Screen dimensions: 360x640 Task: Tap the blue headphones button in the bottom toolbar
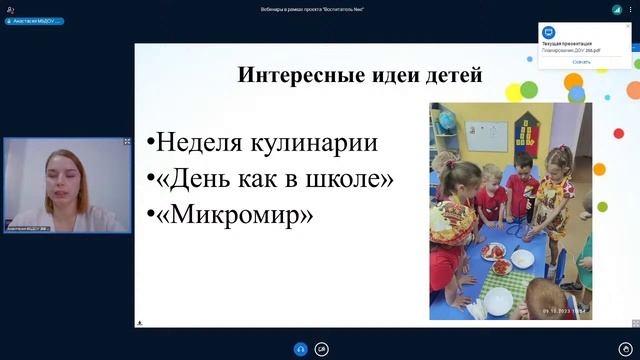(x=299, y=349)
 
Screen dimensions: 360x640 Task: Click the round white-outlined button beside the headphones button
(x=321, y=349)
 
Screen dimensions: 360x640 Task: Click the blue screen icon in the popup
(x=548, y=33)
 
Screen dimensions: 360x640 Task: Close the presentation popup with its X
(x=628, y=27)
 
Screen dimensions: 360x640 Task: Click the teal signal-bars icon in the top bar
(x=617, y=9)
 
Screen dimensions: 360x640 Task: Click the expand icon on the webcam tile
(x=127, y=142)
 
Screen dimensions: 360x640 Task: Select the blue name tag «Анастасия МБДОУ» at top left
(x=33, y=20)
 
